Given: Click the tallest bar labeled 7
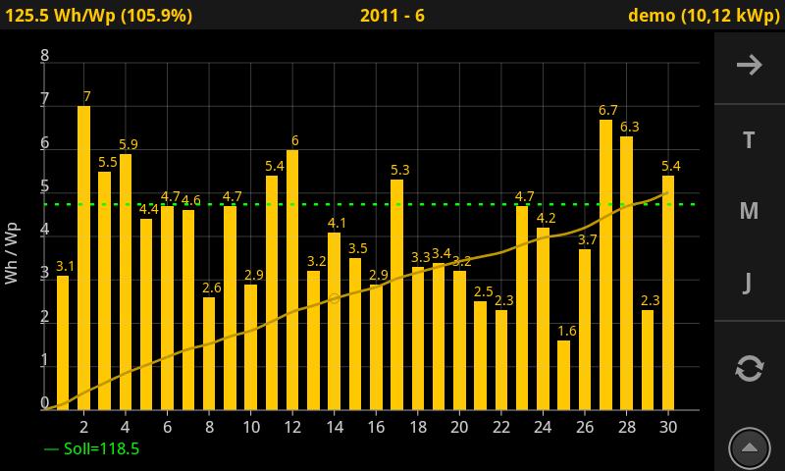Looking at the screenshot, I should tap(83, 257).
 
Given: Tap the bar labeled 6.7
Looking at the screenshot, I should tap(605, 265).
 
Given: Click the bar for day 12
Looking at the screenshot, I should tap(292, 280).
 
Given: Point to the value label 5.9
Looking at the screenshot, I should tap(128, 144).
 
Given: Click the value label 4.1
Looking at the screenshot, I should tap(337, 223).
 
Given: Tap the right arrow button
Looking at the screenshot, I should tap(750, 65).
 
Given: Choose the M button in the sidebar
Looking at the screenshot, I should tap(749, 211).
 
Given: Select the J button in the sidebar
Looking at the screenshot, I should tap(748, 284).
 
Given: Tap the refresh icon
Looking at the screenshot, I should tap(749, 369).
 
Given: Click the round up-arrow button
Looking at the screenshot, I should tap(749, 448).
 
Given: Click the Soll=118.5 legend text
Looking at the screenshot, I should tap(91, 448).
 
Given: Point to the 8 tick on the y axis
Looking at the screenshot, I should tap(44, 56).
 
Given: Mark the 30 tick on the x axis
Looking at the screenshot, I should tap(668, 428).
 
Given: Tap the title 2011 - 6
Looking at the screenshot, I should tap(392, 16).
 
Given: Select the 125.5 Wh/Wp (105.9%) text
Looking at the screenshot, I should tap(99, 16).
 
